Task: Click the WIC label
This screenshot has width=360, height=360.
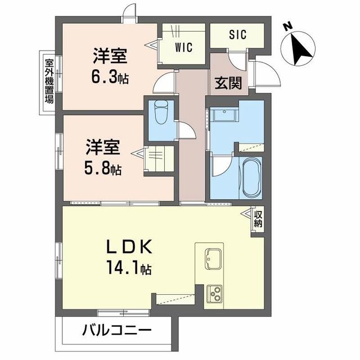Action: tap(183, 48)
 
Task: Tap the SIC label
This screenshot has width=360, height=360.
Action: tap(237, 34)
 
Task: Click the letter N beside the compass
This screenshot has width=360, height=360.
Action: tap(287, 25)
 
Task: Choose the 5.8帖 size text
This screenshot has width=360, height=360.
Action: tap(103, 168)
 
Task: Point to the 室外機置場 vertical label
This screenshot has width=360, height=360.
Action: tap(49, 80)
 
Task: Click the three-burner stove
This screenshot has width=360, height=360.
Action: tap(214, 292)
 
